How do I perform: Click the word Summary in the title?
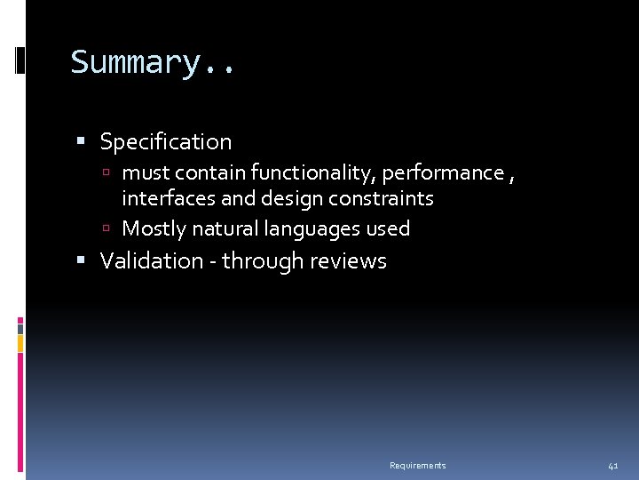coord(138,62)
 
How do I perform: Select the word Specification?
coord(166,142)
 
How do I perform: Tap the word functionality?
coord(314,172)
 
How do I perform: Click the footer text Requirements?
coord(417,466)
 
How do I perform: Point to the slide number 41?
coord(613,466)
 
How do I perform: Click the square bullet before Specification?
coord(82,141)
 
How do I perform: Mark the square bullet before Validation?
coord(82,261)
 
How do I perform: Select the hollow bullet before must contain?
coord(106,172)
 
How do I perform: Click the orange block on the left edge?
coord(20,343)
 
